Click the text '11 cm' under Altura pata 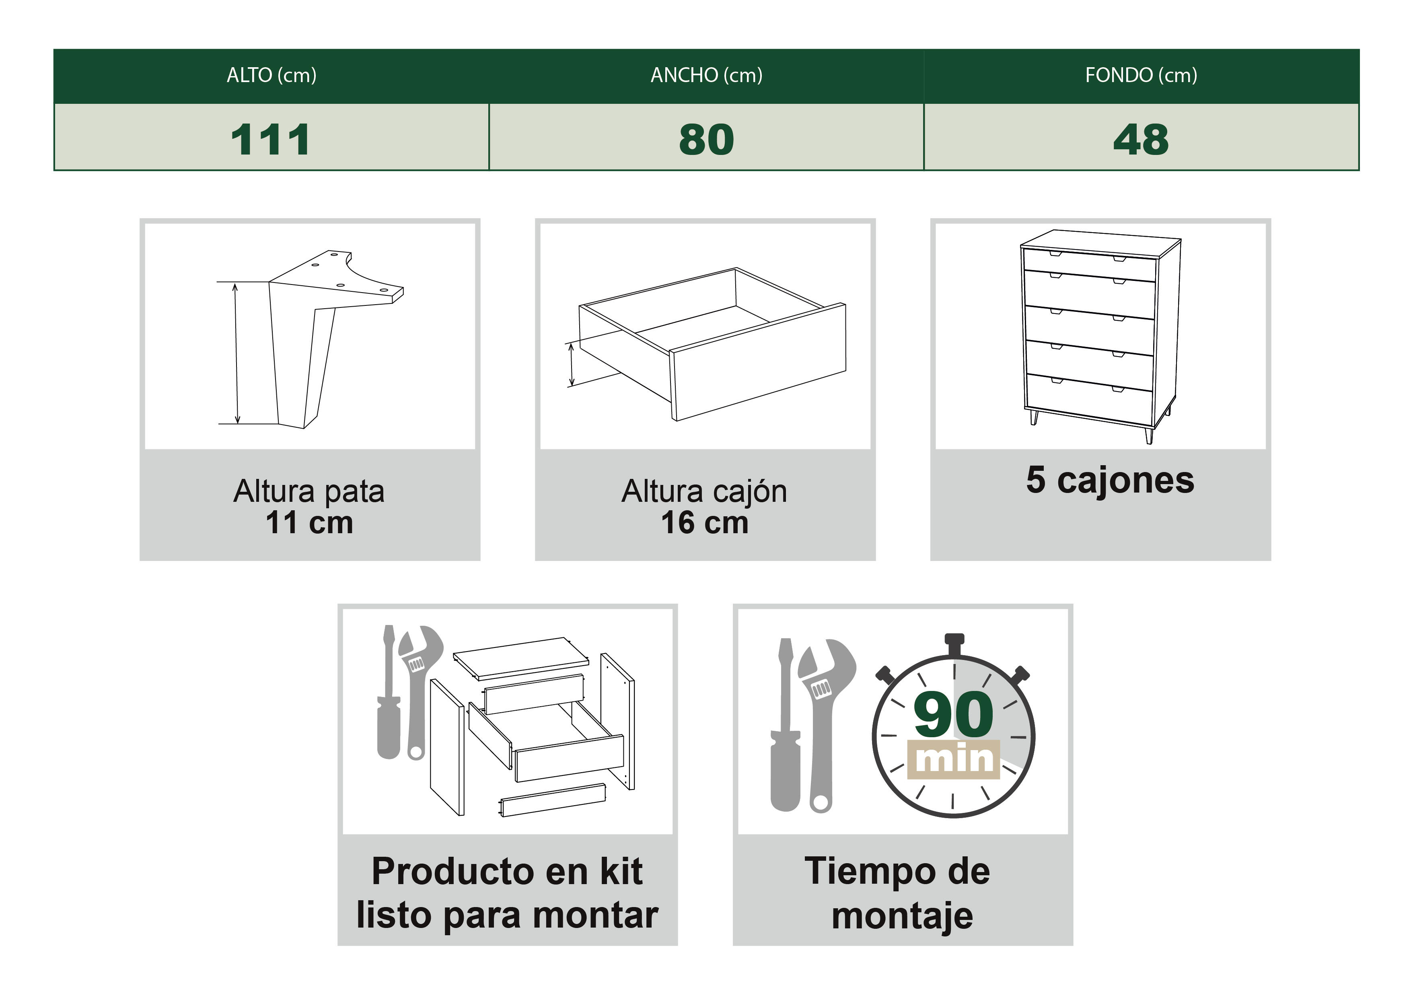[x=309, y=523]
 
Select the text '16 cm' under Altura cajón [x=704, y=523]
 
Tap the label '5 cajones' [x=1110, y=480]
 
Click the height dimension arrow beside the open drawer [x=572, y=365]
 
